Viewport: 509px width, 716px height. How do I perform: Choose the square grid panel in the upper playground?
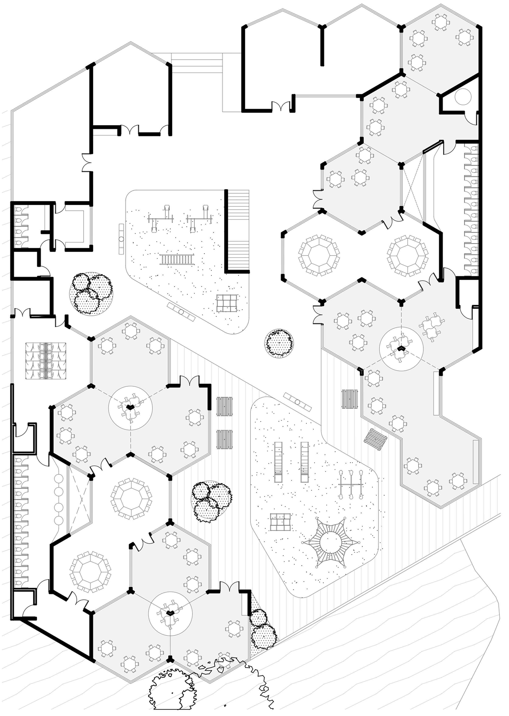(x=227, y=303)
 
